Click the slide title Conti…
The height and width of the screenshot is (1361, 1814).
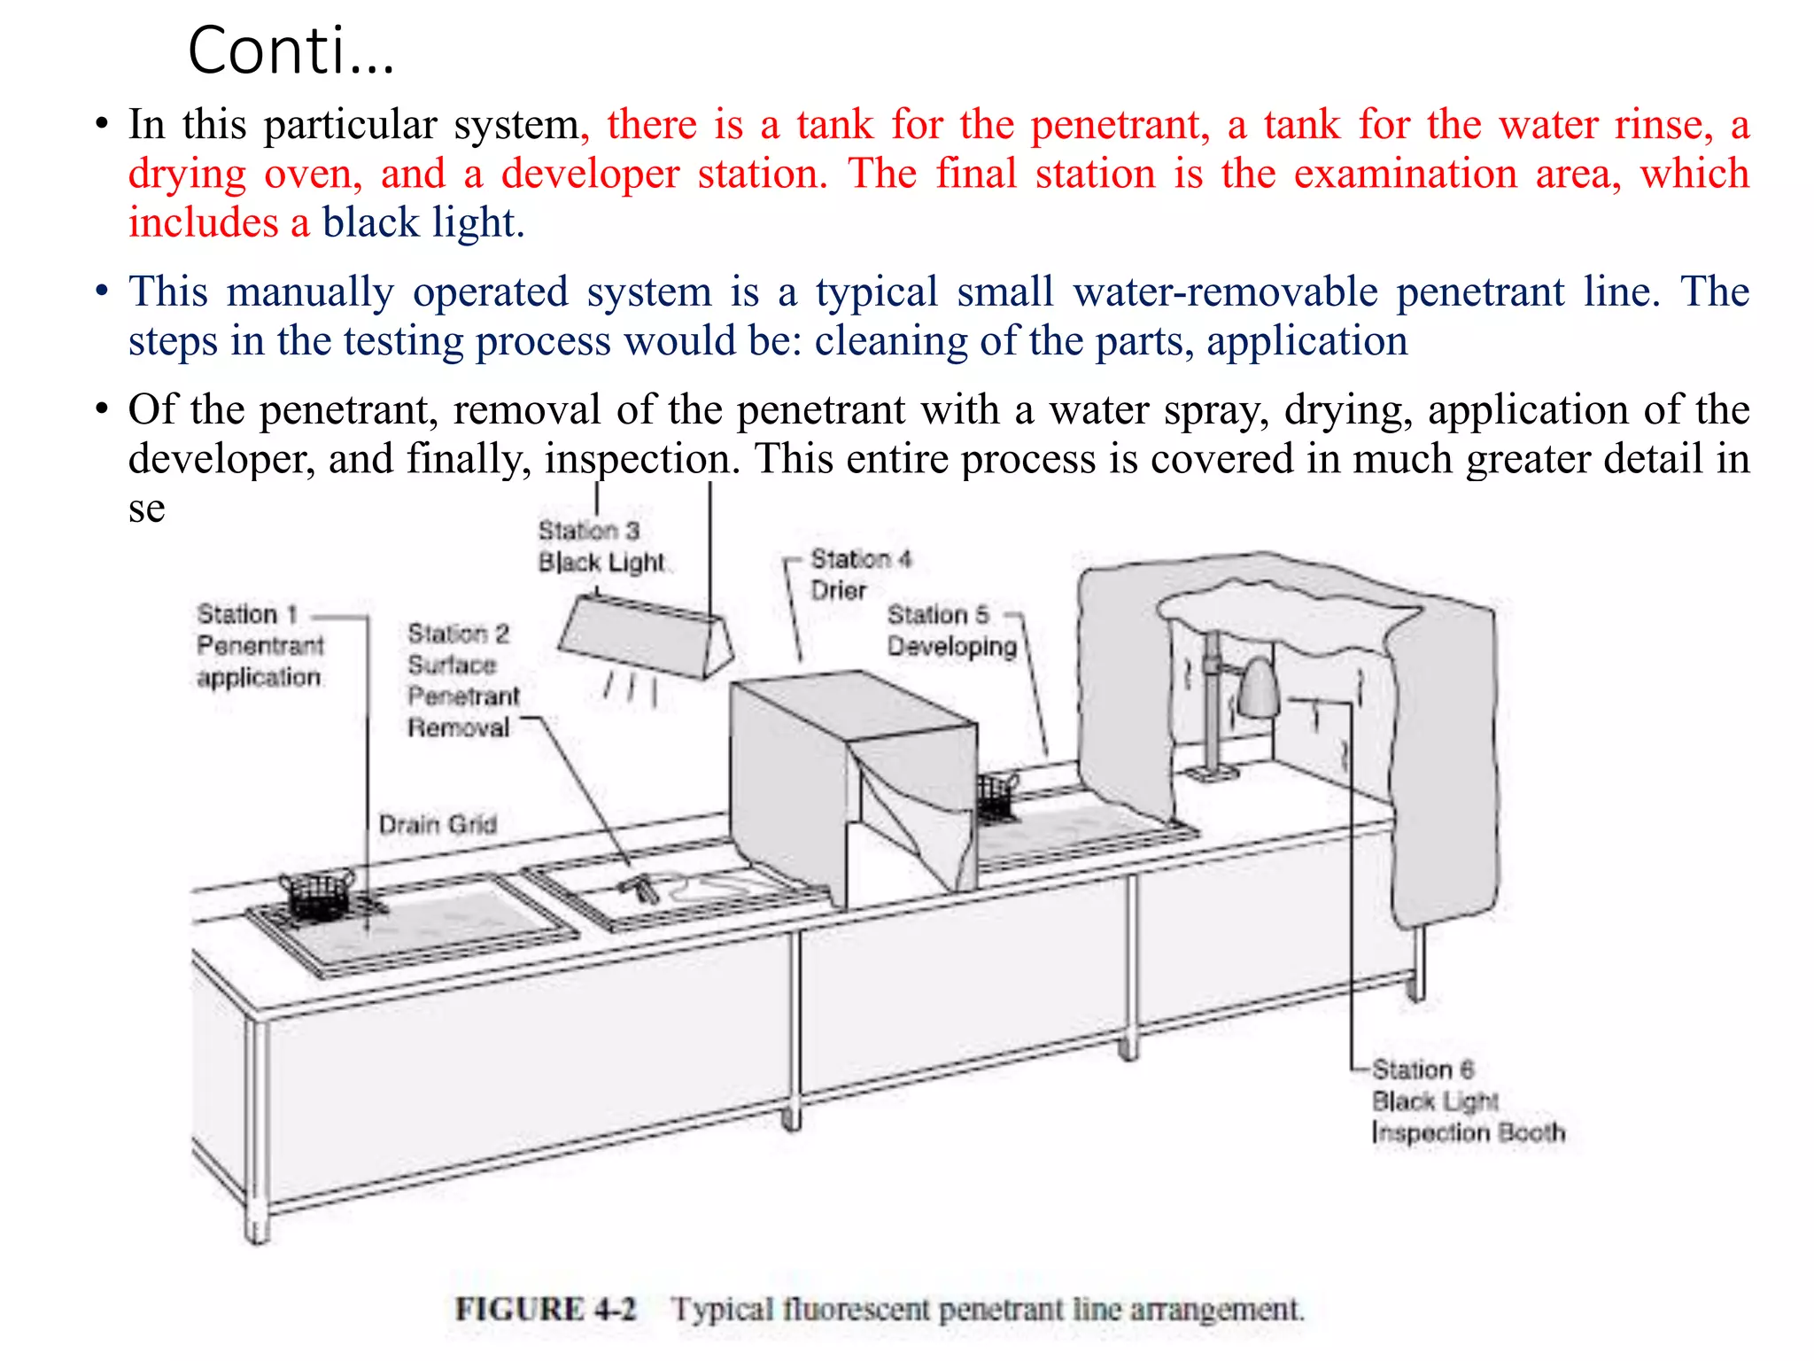[291, 51]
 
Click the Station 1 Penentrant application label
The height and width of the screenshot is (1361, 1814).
[259, 646]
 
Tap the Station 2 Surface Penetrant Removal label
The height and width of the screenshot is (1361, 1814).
[461, 680]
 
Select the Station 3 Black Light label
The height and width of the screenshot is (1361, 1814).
[600, 547]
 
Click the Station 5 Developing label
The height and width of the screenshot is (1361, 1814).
[951, 630]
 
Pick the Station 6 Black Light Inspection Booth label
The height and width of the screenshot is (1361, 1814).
[1466, 1101]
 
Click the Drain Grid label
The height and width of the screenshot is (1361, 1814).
[438, 825]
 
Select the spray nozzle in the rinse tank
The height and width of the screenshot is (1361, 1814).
[640, 887]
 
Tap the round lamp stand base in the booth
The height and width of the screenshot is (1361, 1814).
[1212, 774]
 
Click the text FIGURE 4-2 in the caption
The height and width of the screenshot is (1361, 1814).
[546, 1309]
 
